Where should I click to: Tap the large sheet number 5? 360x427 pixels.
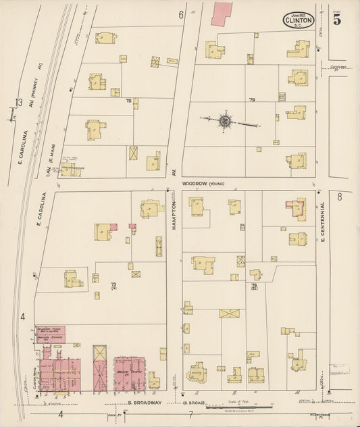(x=336, y=20)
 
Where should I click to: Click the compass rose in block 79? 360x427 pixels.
(x=225, y=122)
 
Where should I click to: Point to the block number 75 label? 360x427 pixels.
(x=128, y=101)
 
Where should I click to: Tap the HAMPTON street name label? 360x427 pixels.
(x=174, y=216)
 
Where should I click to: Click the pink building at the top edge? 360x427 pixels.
(x=221, y=14)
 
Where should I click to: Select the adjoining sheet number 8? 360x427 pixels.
(x=340, y=197)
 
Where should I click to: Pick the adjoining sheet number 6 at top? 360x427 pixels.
(x=181, y=15)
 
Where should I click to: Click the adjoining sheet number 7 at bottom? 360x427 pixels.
(x=191, y=413)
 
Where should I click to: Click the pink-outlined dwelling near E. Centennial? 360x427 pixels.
(x=296, y=209)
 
